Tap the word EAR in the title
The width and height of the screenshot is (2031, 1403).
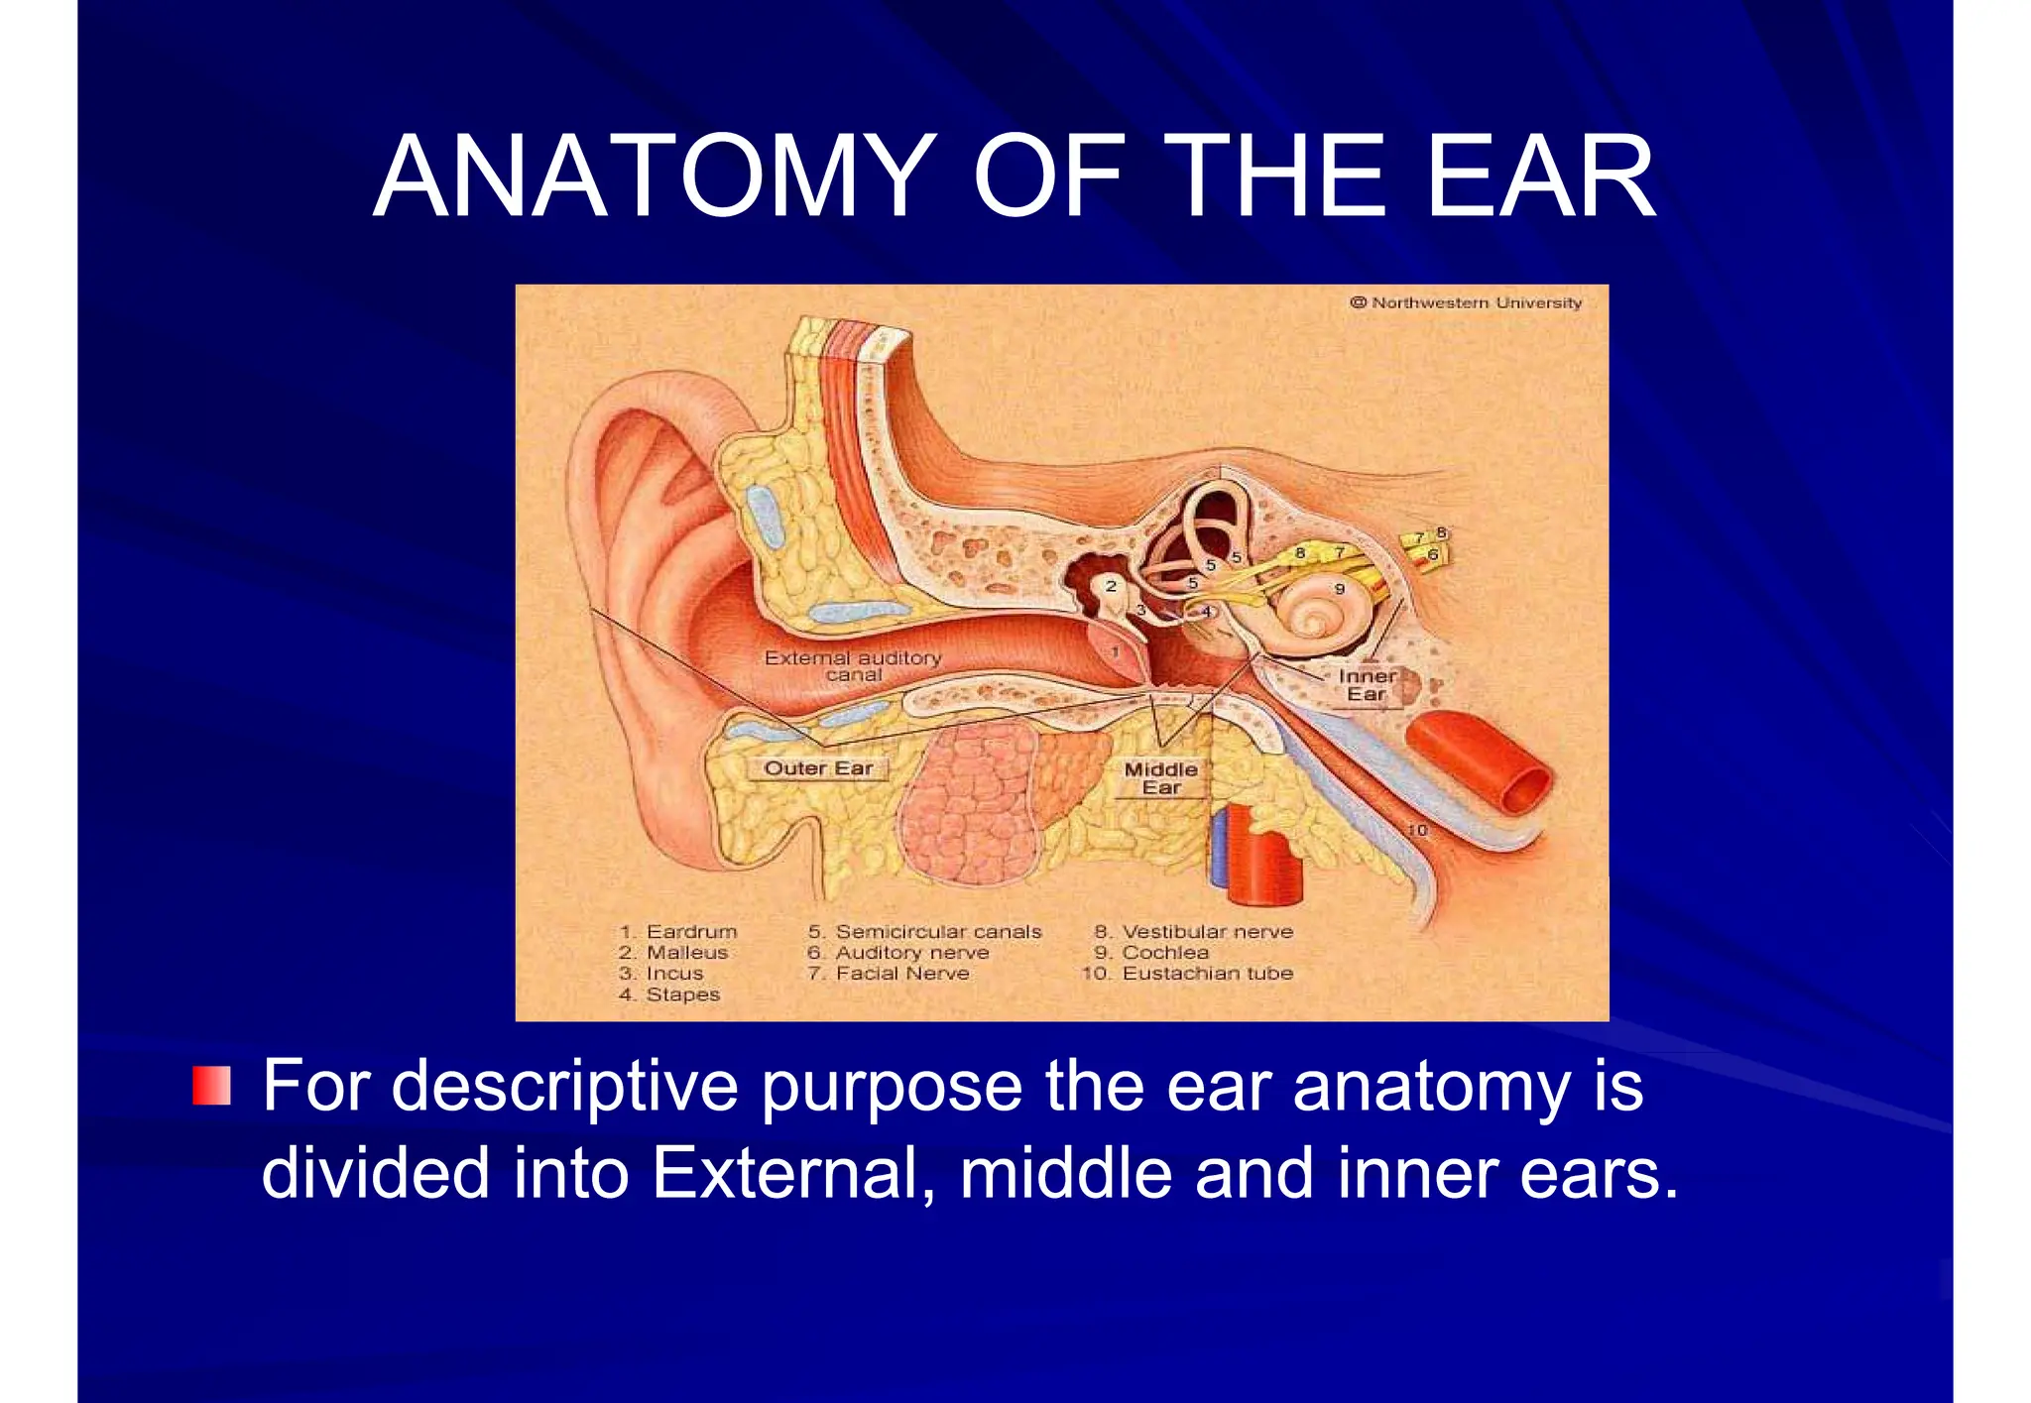(x=1540, y=176)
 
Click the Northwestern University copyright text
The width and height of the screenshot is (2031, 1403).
(x=1466, y=302)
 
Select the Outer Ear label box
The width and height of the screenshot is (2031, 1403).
(x=817, y=768)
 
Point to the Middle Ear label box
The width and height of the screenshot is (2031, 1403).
(x=1160, y=778)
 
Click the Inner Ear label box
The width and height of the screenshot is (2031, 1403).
(x=1367, y=685)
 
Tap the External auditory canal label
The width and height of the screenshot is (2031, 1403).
(x=853, y=665)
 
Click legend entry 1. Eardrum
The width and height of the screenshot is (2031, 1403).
(x=678, y=932)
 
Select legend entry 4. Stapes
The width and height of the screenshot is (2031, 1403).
(x=669, y=994)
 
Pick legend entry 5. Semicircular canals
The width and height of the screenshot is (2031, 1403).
(x=924, y=932)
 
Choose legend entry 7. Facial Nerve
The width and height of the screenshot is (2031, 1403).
(x=889, y=974)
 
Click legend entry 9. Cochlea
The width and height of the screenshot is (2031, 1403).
(x=1151, y=953)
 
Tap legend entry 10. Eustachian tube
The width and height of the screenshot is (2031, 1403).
(x=1187, y=974)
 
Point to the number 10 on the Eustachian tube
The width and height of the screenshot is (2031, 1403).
(x=1417, y=830)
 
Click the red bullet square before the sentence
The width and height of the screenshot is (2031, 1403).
(x=211, y=1086)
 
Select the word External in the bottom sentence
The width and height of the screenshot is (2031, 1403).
(x=791, y=1173)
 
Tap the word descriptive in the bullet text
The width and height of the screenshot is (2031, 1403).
(x=565, y=1087)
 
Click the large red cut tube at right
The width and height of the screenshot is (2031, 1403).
(x=1478, y=763)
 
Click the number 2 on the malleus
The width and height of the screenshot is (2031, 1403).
(x=1111, y=586)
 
